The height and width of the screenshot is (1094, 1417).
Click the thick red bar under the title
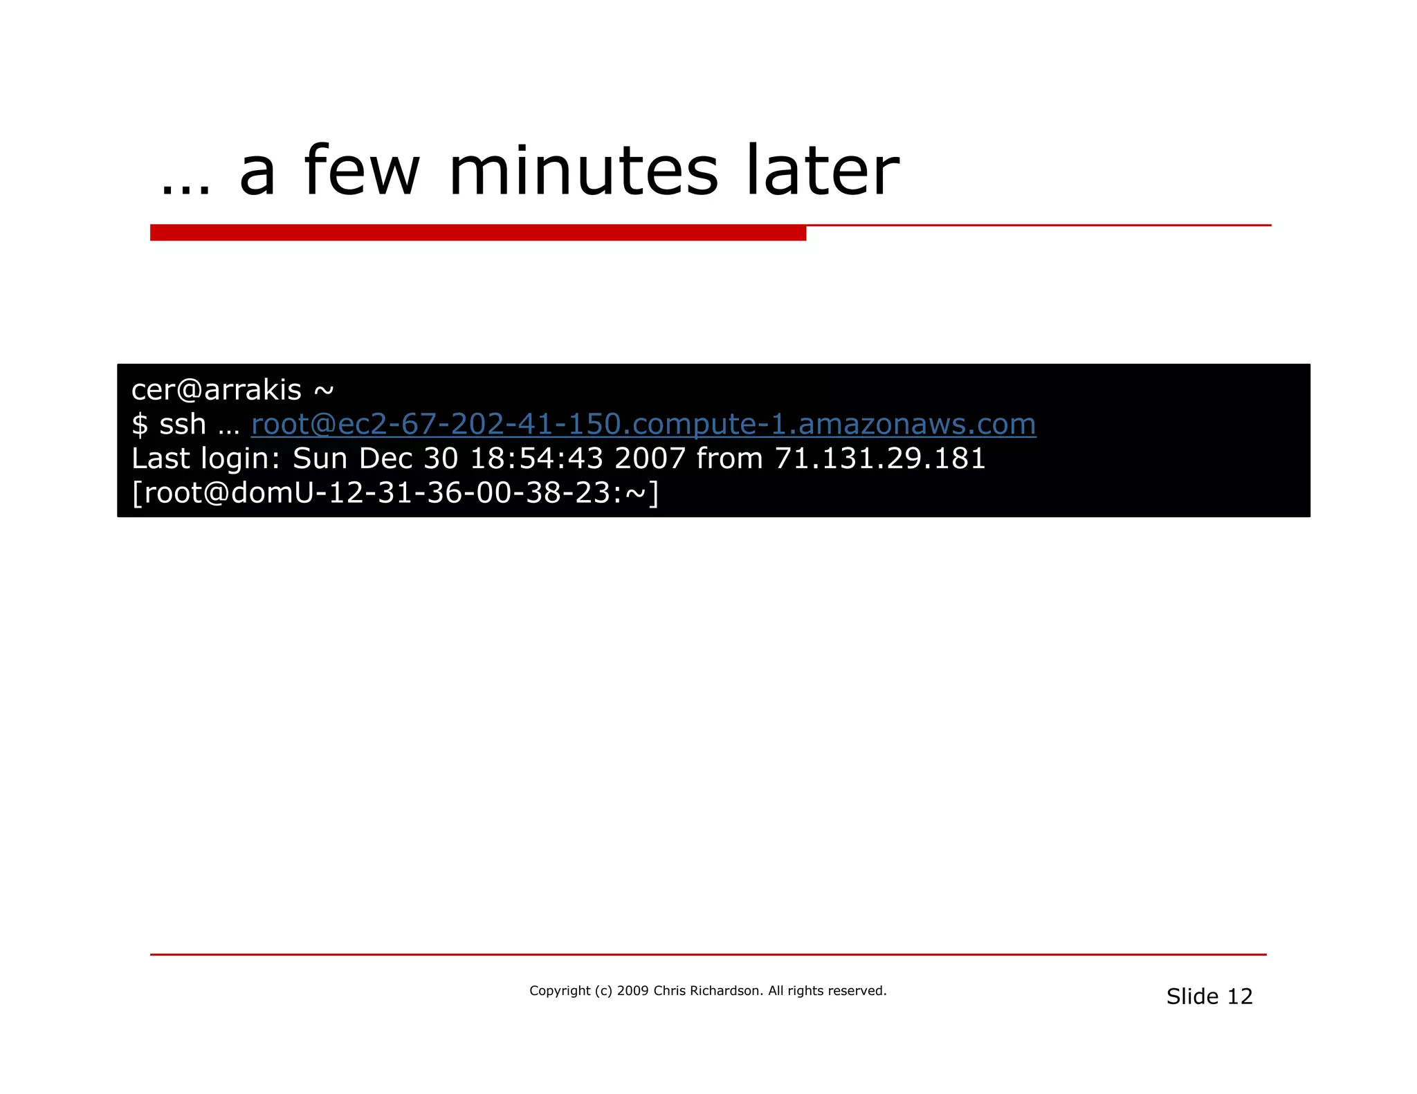click(x=477, y=233)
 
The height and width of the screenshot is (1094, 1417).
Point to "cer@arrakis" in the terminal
click(x=217, y=390)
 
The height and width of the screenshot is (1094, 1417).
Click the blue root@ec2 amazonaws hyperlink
click(x=643, y=424)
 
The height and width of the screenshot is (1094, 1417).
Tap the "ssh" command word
click(x=183, y=425)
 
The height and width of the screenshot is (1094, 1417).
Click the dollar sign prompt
click(x=139, y=425)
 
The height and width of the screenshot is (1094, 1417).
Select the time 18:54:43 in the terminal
click(x=536, y=458)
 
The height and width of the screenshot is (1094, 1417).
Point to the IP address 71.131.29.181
click(x=879, y=458)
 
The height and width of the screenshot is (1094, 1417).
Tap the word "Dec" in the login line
click(x=385, y=458)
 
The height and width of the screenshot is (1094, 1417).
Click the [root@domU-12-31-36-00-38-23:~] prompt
click(x=395, y=493)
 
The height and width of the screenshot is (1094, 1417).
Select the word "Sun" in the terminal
click(x=320, y=458)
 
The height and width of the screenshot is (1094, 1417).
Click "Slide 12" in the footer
click(x=1209, y=996)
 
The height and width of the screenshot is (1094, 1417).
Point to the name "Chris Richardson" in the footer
click(x=706, y=991)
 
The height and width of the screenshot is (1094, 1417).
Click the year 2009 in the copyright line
click(x=632, y=991)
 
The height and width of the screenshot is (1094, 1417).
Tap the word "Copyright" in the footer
click(x=560, y=991)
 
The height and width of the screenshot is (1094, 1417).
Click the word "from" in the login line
click(x=729, y=458)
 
